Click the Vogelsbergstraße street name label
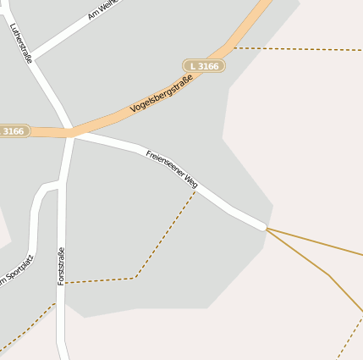[162, 95]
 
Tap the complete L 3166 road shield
[204, 65]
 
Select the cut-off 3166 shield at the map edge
[14, 131]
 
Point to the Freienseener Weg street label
[172, 169]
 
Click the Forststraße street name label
[61, 265]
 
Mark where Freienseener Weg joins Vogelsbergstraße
[74, 134]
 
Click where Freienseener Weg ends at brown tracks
[267, 228]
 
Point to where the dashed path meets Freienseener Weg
[196, 191]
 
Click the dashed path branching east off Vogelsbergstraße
[296, 49]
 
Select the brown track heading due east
[317, 242]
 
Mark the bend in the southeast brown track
[327, 274]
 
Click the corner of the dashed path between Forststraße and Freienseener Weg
[135, 277]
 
